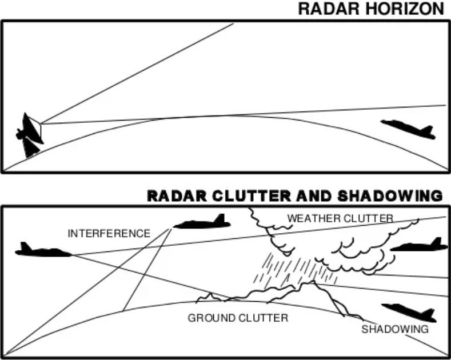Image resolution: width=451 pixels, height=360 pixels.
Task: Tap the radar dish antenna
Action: point(30,135)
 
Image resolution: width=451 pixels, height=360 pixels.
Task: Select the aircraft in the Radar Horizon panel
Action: point(409,129)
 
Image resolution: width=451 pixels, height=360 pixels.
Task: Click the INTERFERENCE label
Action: point(109,233)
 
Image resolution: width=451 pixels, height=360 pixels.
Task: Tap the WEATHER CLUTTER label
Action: point(340,218)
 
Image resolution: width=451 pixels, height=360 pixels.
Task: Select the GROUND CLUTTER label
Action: point(238,318)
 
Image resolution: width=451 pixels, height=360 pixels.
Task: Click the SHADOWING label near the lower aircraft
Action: point(394,329)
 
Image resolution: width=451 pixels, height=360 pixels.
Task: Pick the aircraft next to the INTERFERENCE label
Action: point(203,222)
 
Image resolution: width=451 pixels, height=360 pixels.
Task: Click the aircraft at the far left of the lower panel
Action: point(43,250)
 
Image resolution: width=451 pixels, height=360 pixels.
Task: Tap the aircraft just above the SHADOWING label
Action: point(409,312)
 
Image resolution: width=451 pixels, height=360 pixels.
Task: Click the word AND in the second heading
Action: point(313,196)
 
